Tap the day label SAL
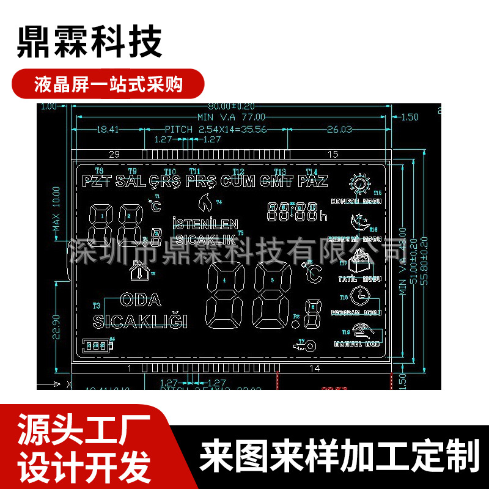tap(130, 181)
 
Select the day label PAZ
tap(312, 181)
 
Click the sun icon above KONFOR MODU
tap(359, 184)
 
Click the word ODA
tap(141, 300)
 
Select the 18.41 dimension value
tap(108, 130)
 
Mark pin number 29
tap(114, 153)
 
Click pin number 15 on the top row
tap(333, 153)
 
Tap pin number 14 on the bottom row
tap(314, 368)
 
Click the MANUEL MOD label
tap(356, 344)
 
